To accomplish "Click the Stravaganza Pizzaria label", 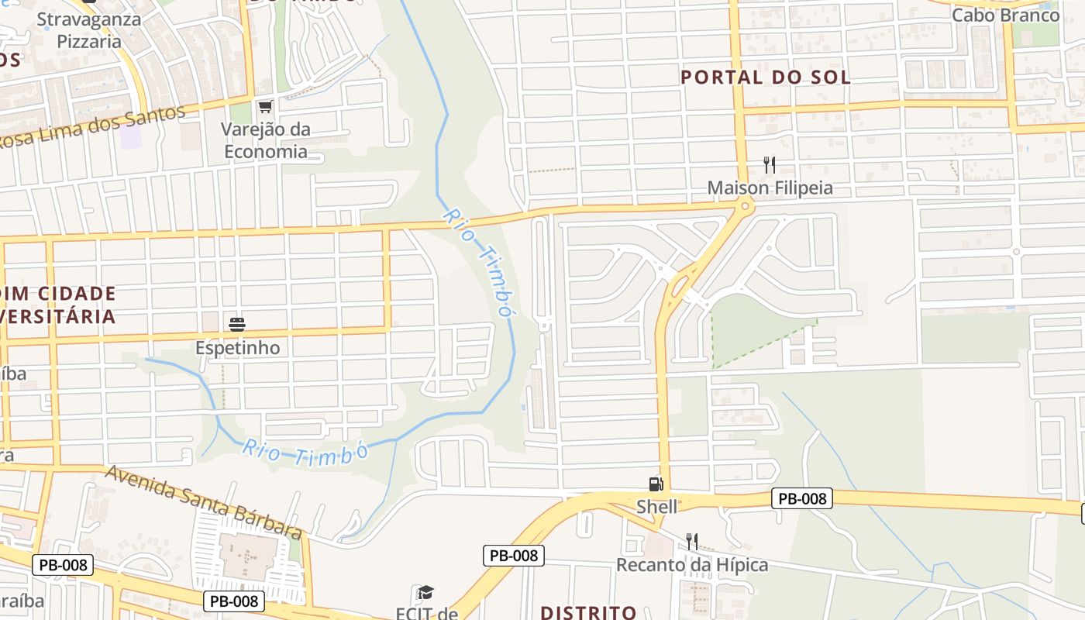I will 88,29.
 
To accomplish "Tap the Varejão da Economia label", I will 266,140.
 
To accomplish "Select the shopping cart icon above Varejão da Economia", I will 266,106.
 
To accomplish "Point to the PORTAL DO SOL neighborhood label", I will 766,77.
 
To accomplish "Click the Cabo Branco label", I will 1005,15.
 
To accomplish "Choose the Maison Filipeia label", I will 770,188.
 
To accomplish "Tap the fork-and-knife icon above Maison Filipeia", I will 770,164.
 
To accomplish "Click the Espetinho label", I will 237,348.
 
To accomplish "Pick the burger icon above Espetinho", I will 237,324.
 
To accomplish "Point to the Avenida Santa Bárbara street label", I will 203,501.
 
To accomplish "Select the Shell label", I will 656,507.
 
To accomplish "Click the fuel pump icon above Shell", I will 656,485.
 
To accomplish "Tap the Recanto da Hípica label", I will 692,564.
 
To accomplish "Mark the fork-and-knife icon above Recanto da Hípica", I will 692,541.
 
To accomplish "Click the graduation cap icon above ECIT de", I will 425,594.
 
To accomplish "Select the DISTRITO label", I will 588,612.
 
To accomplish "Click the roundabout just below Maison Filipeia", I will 746,205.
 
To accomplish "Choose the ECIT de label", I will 427,614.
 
